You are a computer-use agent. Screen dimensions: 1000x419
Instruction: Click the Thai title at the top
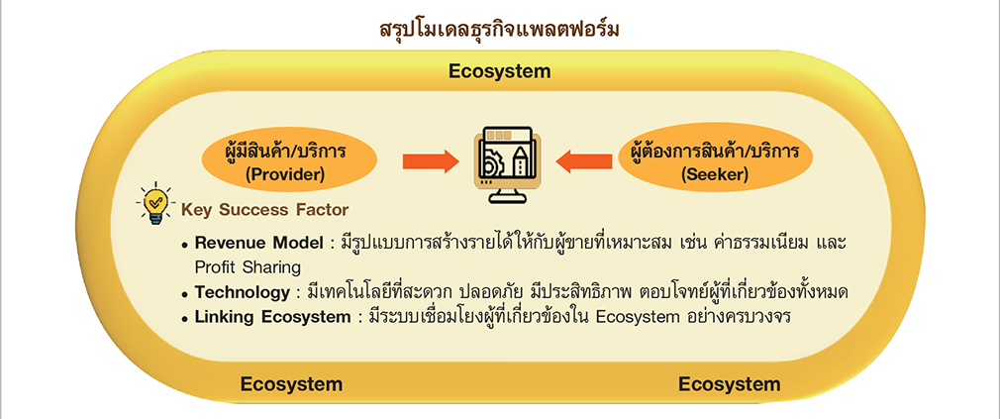pos(499,30)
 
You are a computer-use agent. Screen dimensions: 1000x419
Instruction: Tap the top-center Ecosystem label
pos(499,71)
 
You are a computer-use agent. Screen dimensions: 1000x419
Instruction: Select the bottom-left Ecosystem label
pos(291,384)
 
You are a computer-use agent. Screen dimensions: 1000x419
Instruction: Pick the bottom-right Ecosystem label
pos(729,384)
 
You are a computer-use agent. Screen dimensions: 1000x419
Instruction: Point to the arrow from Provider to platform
pos(431,162)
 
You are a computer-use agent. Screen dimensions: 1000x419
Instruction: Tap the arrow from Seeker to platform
pos(584,162)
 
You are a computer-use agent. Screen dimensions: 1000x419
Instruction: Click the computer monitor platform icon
pos(507,163)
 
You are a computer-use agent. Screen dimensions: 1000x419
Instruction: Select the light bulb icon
pos(153,205)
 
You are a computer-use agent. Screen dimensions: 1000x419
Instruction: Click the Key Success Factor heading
pos(265,209)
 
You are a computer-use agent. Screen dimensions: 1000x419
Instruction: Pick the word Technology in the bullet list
pos(243,293)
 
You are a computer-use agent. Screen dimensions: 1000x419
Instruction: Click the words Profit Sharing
pos(248,266)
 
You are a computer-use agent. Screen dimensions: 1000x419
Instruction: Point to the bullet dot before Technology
pos(185,294)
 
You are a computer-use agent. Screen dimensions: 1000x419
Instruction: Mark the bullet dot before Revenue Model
pos(185,245)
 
